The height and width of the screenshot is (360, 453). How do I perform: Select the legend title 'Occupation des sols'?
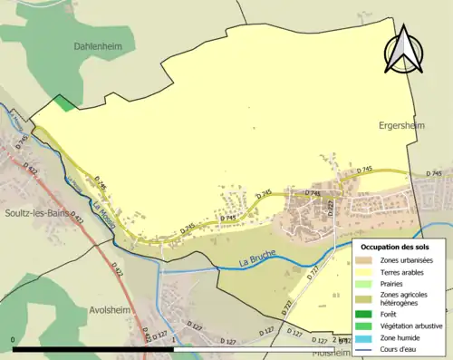pos(401,247)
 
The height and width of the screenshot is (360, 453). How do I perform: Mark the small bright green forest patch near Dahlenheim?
pos(63,103)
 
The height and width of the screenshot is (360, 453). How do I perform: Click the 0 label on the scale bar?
pos(14,339)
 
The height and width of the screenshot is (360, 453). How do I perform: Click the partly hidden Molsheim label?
pos(331,354)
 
